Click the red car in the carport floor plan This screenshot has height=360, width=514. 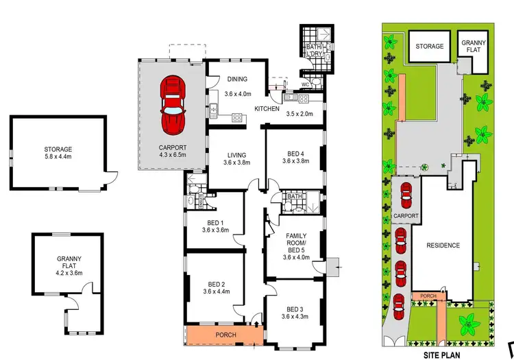click(x=173, y=106)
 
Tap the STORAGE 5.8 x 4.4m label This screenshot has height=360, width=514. click(x=58, y=153)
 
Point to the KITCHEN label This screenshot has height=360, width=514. click(x=267, y=109)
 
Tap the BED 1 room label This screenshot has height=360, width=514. click(x=215, y=226)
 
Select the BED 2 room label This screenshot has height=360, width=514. click(x=215, y=287)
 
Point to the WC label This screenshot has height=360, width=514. click(x=305, y=85)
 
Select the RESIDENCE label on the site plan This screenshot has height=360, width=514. click(x=443, y=245)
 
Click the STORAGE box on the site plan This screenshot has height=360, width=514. click(x=429, y=47)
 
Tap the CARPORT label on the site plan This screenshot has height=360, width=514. click(x=406, y=215)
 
